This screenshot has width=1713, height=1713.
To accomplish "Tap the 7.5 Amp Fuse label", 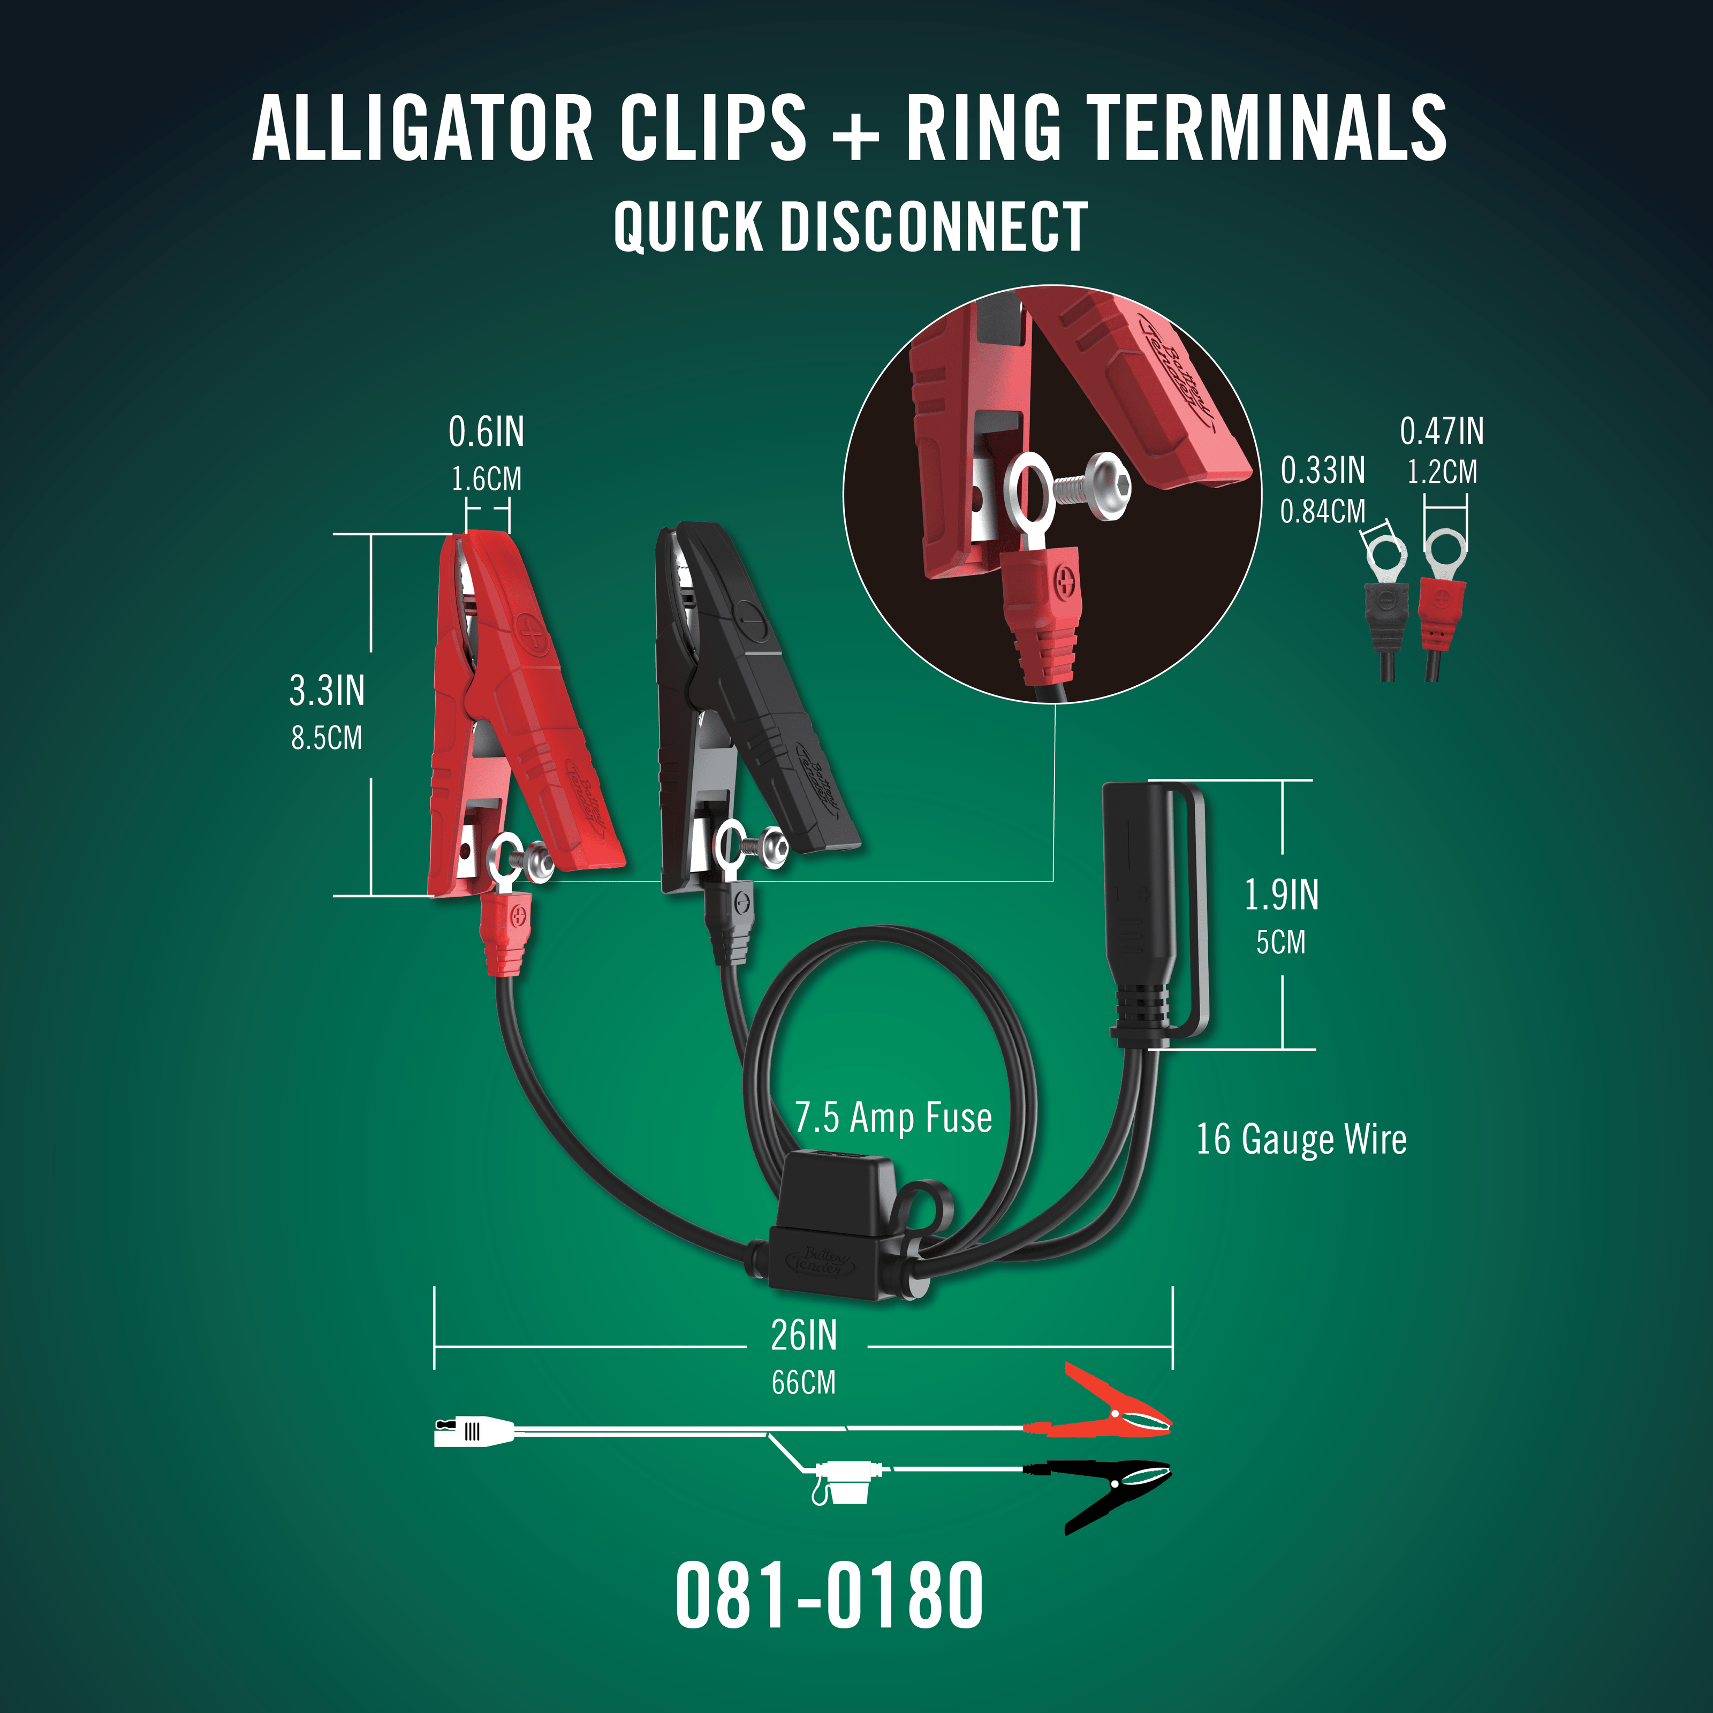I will coord(893,1118).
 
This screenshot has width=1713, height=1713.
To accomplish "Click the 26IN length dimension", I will coord(804,1335).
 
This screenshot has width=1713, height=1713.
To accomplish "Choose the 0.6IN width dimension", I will coord(486,433).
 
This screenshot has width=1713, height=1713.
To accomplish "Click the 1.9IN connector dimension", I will coord(1281,896).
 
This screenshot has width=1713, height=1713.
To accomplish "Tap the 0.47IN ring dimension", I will coord(1441,432).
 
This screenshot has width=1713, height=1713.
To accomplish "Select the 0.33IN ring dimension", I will coord(1322,471).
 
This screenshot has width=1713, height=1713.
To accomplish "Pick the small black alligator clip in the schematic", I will coord(1113,1493).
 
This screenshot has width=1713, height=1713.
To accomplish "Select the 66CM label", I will coord(804,1382).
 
